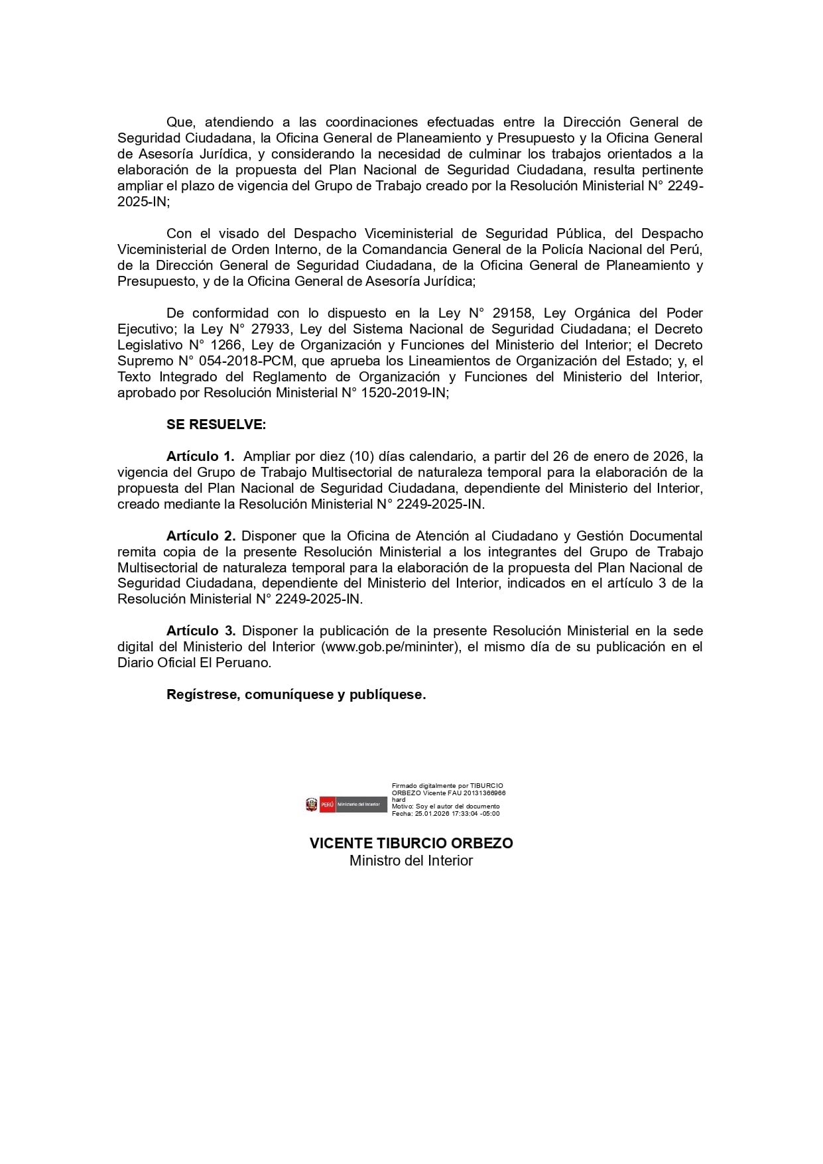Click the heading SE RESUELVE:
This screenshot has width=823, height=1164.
click(216, 424)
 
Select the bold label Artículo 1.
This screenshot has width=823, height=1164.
click(200, 456)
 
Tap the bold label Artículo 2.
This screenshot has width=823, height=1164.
click(201, 535)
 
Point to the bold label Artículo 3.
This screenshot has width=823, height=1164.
click(201, 631)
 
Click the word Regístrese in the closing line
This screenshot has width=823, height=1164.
click(202, 694)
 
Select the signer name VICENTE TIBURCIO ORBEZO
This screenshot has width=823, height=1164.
click(411, 843)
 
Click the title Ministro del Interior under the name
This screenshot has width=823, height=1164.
click(411, 860)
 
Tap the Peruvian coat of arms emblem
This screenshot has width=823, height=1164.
click(312, 805)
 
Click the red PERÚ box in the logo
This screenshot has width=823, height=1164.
click(328, 805)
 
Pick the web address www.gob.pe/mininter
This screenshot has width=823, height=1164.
click(390, 647)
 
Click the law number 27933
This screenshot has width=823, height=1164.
click(270, 329)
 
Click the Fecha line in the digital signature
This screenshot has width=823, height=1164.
click(446, 813)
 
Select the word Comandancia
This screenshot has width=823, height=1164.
click(401, 249)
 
